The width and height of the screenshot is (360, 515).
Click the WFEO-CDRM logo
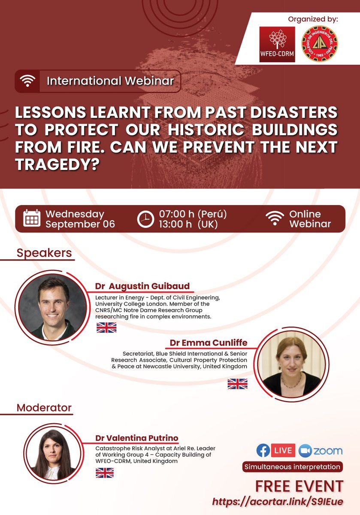[x=277, y=44]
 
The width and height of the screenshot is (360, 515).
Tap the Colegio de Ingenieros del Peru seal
[x=320, y=44]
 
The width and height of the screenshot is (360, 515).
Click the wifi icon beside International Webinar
[x=27, y=81]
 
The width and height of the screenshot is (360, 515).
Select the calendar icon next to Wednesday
[x=32, y=218]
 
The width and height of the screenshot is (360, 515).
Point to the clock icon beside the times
[x=145, y=219]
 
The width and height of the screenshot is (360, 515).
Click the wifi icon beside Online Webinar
[x=275, y=218]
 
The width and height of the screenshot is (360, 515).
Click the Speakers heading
[x=44, y=253]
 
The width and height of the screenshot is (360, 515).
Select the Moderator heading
[x=44, y=407]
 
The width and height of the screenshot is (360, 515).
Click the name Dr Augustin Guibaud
[x=142, y=286]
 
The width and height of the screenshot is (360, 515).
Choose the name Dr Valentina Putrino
[x=137, y=438]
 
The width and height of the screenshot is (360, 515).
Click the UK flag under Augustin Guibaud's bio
[x=106, y=327]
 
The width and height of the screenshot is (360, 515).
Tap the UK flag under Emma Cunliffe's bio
[x=237, y=384]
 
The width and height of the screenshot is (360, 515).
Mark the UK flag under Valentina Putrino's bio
[x=104, y=473]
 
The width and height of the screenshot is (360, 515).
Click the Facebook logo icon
[x=263, y=450]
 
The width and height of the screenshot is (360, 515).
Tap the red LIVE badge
[x=283, y=450]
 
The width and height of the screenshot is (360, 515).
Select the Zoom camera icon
[x=304, y=450]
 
